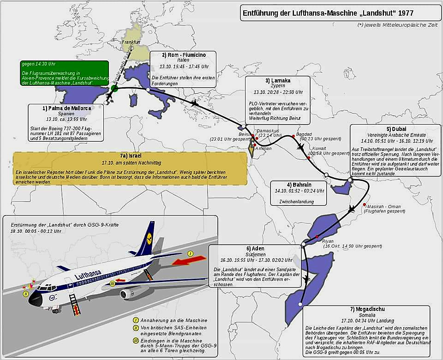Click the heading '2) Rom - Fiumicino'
click(x=183, y=55)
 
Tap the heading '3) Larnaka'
click(x=277, y=80)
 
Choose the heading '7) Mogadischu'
click(x=367, y=309)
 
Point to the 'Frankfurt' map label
click(x=131, y=42)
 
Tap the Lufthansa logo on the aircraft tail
click(x=147, y=240)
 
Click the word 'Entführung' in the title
click(x=262, y=13)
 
